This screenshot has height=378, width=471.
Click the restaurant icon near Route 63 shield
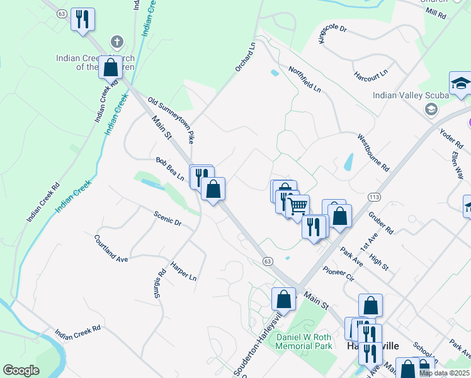coord(82,19)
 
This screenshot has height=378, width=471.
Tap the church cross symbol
coord(116,43)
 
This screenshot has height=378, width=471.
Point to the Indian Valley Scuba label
coord(410,96)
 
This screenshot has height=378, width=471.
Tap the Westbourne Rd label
coord(373,152)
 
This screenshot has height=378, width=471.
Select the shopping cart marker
coord(297,205)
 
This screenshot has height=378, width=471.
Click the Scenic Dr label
coord(167,219)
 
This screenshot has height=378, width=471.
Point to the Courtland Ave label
coord(111,248)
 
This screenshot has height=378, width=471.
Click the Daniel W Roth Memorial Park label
coord(304,342)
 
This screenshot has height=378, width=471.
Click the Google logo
coord(21,370)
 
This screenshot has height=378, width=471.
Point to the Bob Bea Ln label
coord(171,168)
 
